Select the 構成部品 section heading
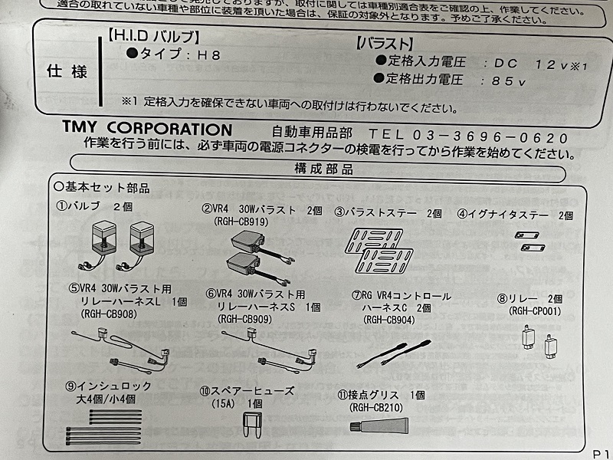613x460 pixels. coord(323,169)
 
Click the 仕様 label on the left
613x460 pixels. coord(67,71)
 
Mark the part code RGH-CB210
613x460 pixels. coord(379,407)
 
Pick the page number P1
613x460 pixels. coord(600,452)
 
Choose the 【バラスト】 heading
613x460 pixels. coord(385,43)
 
